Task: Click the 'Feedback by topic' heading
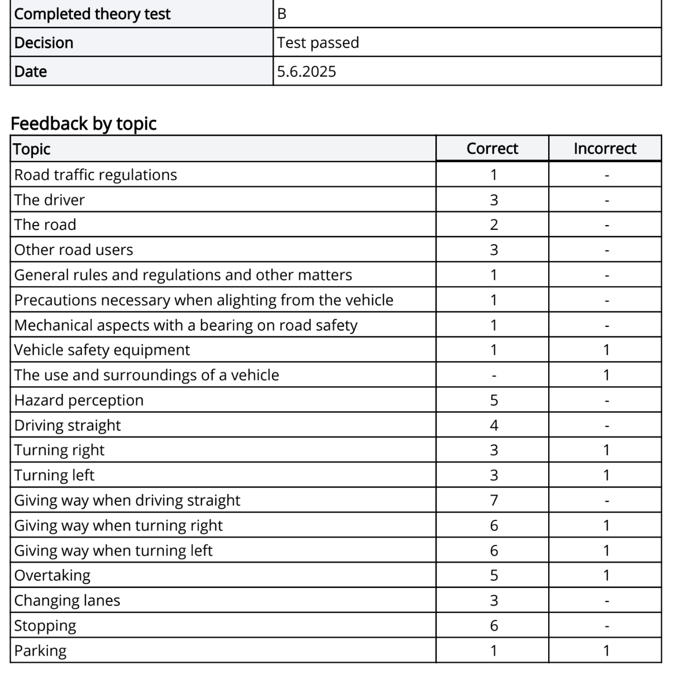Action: [84, 123]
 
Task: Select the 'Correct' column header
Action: [492, 148]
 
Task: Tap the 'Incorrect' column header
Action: [605, 148]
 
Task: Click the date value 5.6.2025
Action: [307, 71]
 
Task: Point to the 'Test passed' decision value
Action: [318, 43]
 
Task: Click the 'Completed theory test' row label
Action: [92, 14]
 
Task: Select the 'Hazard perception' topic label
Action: [79, 400]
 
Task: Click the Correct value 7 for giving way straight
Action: [493, 500]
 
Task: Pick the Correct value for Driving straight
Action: [493, 425]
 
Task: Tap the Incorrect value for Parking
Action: [606, 650]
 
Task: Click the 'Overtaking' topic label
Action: [52, 575]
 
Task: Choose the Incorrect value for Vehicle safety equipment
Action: [606, 350]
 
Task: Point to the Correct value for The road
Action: [493, 225]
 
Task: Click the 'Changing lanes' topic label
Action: [67, 600]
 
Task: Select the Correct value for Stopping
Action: [493, 625]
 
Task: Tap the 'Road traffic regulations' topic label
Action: [96, 175]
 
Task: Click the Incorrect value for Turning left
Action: [606, 475]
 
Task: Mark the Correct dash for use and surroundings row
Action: [493, 376]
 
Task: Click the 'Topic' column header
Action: [32, 149]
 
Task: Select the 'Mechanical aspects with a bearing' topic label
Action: [186, 325]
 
